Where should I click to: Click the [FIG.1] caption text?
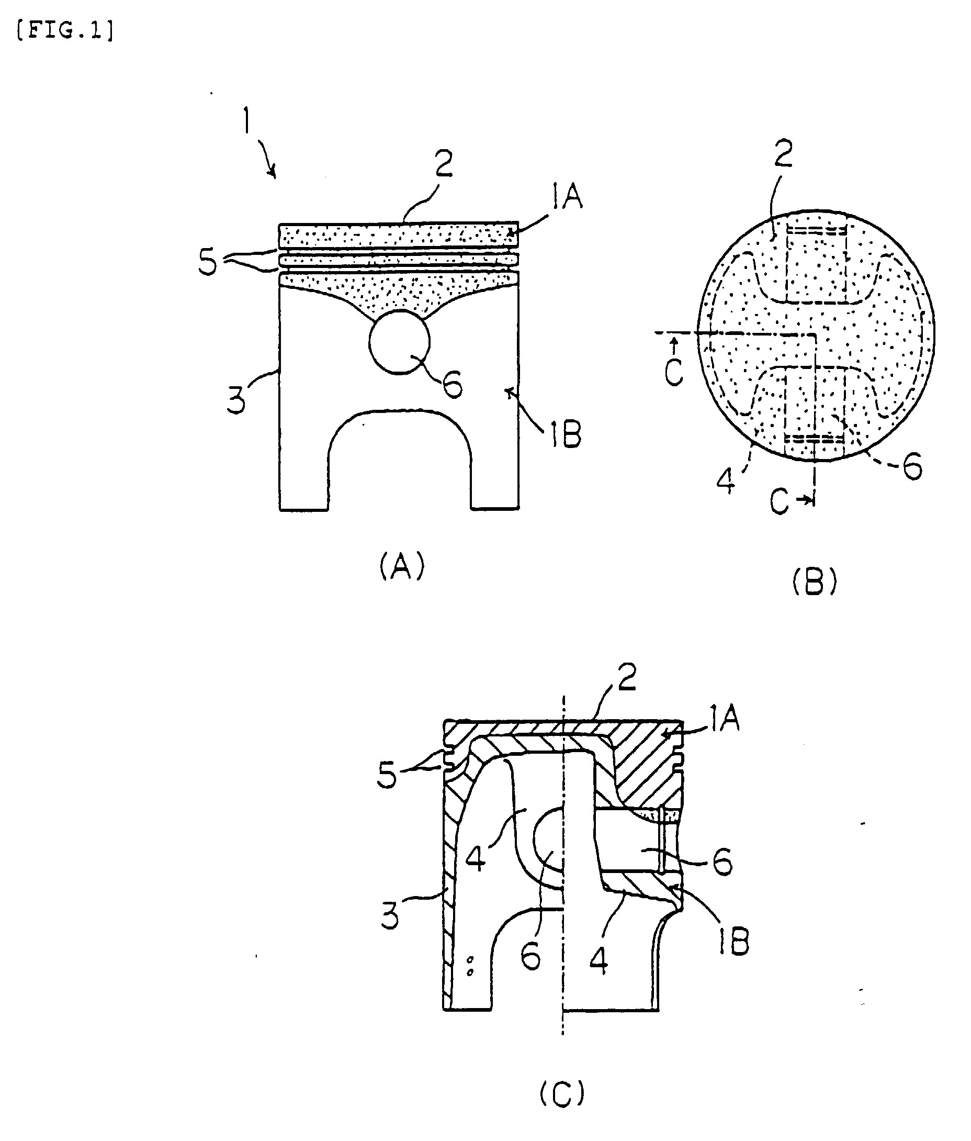click(65, 31)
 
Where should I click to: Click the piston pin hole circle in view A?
click(400, 342)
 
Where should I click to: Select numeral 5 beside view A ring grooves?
click(208, 263)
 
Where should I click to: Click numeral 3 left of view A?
click(236, 400)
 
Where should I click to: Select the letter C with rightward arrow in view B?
click(780, 501)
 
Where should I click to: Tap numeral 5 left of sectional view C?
click(387, 775)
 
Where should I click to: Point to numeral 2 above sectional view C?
click(626, 677)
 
